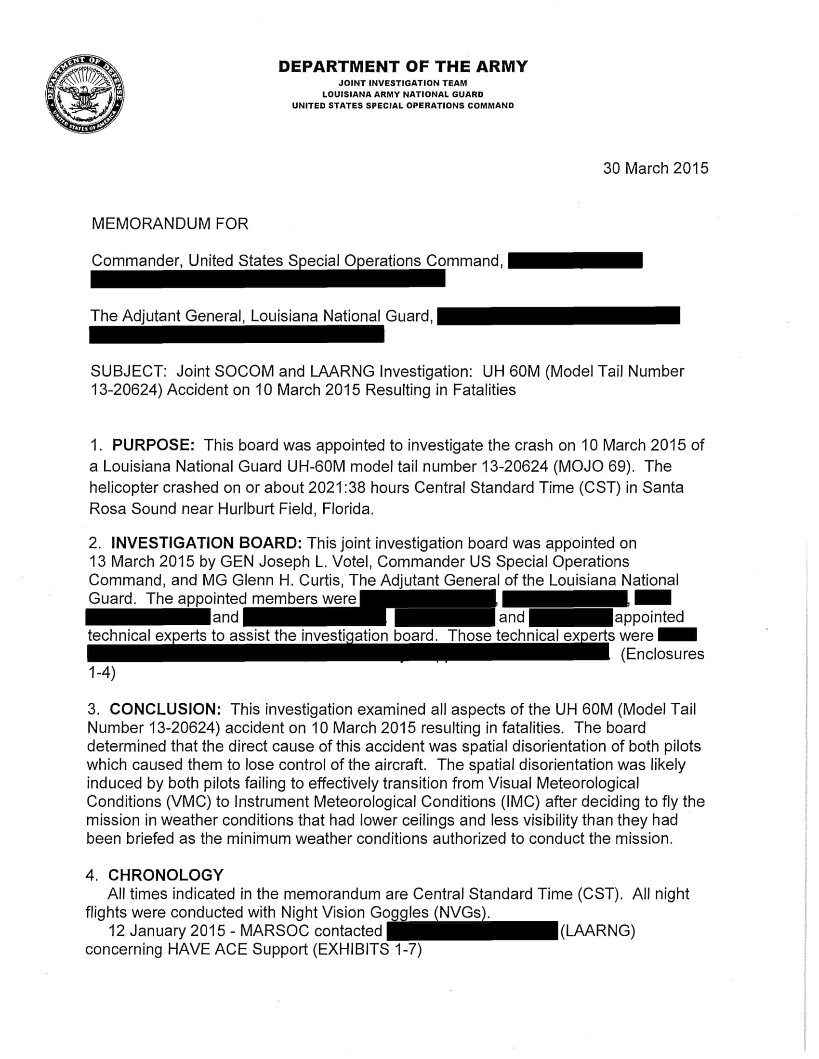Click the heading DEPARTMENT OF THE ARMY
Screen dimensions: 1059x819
coord(403,66)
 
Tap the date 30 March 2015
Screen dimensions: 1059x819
coord(656,168)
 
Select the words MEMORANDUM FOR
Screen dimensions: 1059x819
coord(170,223)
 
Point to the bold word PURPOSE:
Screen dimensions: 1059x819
coord(153,445)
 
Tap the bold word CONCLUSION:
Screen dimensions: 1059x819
coord(165,709)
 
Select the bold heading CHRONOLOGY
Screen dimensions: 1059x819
coord(165,875)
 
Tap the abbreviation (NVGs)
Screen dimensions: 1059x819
coord(462,912)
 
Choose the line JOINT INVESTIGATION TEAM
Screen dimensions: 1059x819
coord(403,83)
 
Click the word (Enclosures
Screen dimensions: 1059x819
coord(662,654)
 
